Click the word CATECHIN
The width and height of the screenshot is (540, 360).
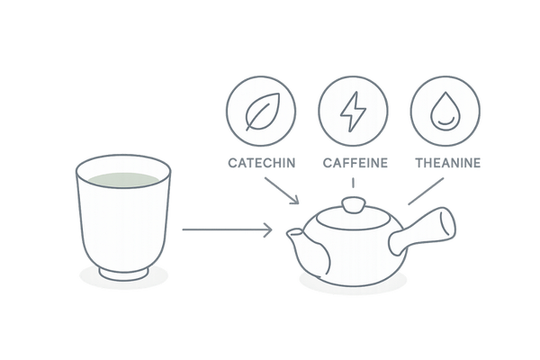[262, 163]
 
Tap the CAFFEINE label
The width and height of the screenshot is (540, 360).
[355, 163]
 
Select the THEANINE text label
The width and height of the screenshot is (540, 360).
[447, 163]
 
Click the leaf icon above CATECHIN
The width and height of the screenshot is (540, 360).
[262, 112]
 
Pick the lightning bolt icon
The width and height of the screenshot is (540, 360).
[353, 112]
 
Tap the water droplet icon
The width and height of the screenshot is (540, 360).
[445, 112]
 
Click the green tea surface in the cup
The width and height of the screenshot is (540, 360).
[123, 180]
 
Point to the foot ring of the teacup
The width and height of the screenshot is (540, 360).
[124, 274]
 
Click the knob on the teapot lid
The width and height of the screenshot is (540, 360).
[354, 204]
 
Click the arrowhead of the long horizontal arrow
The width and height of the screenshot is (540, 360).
[268, 229]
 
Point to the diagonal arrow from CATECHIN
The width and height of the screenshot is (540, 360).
[282, 191]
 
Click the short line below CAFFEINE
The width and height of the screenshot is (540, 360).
[353, 183]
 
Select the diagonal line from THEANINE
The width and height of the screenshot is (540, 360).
[426, 191]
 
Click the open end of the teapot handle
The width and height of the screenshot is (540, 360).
[447, 222]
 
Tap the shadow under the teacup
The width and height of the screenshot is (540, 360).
[124, 276]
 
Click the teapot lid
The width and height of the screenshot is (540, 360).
[354, 217]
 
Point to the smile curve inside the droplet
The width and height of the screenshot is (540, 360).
[445, 121]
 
